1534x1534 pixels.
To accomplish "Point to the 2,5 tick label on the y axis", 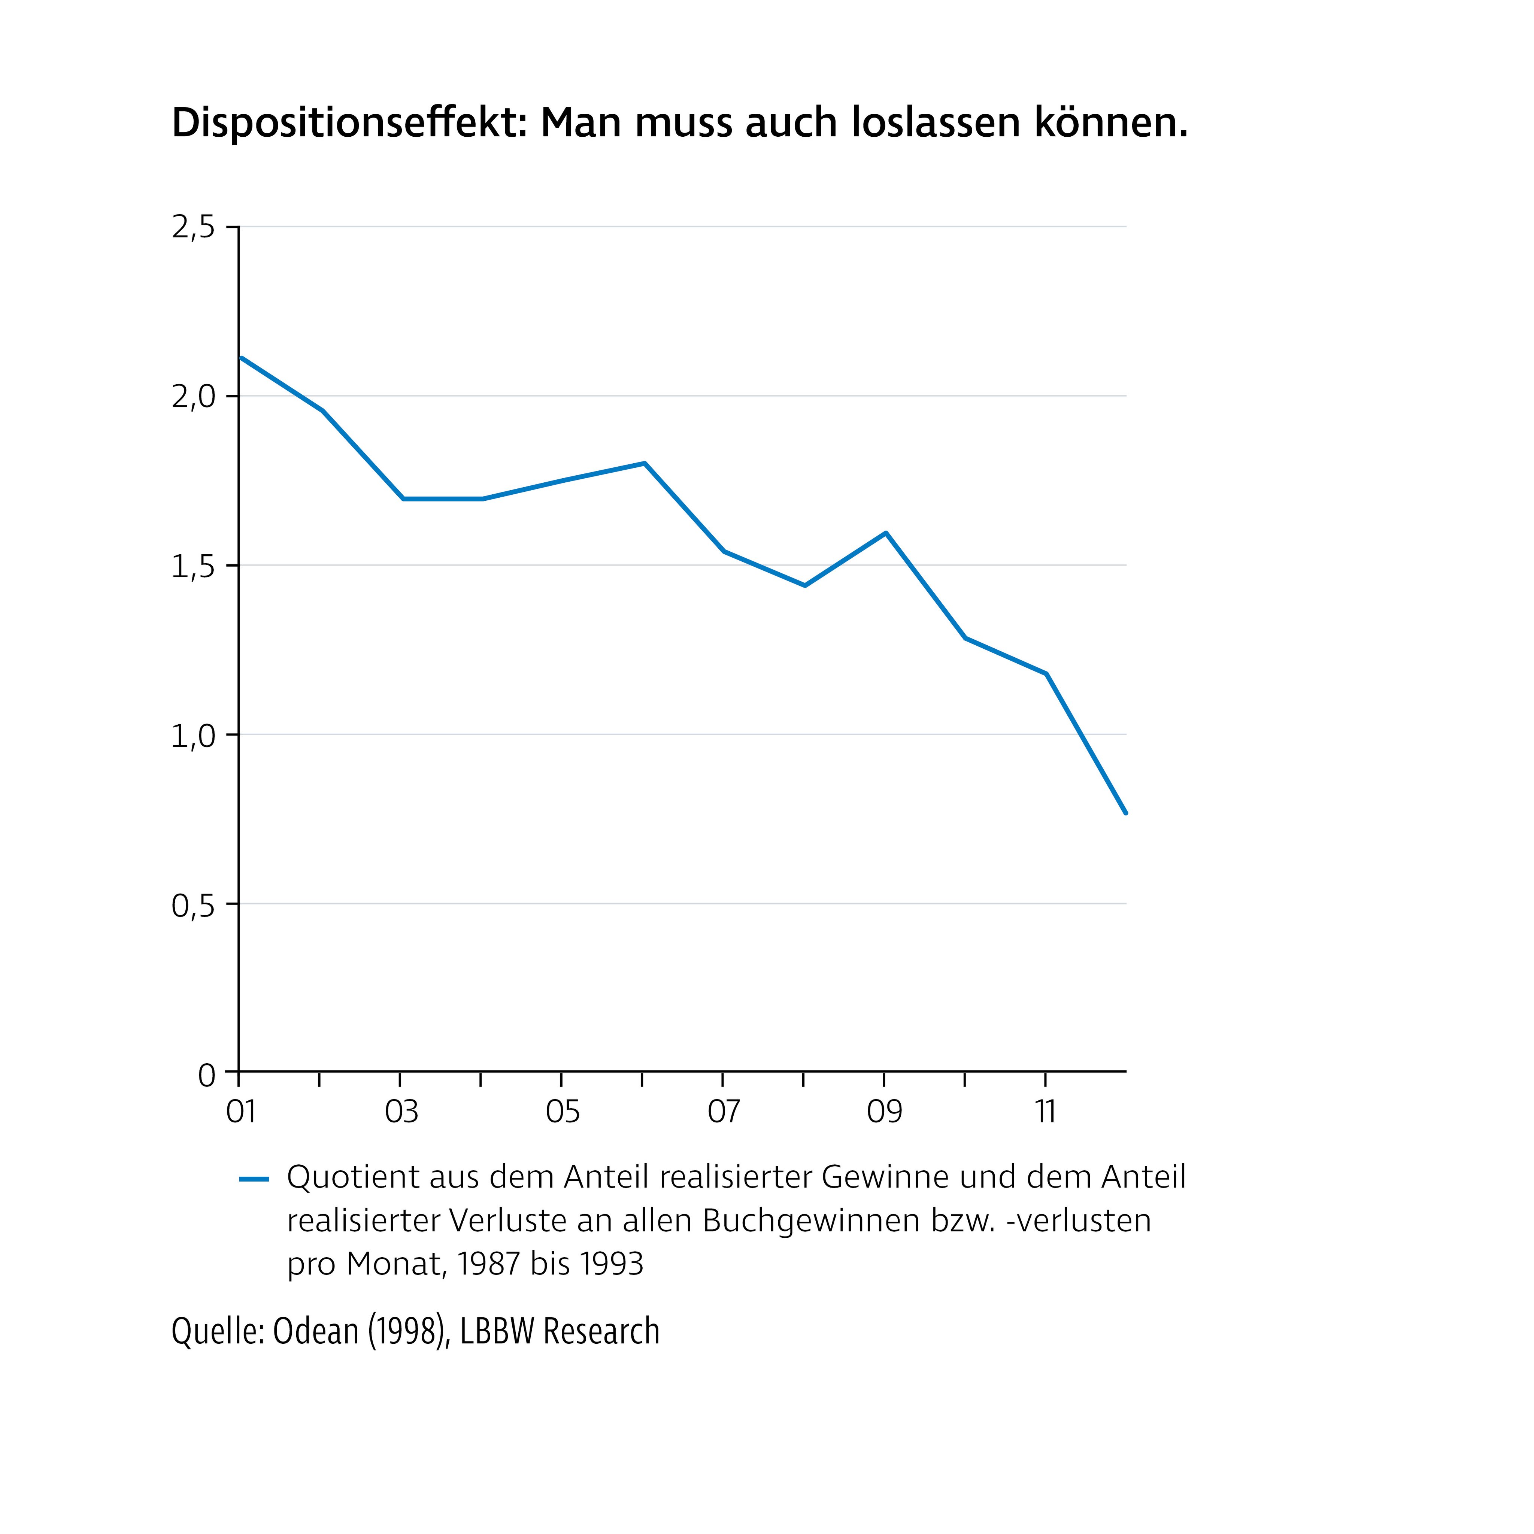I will [x=193, y=228].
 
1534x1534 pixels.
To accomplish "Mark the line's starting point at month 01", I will [x=240, y=357].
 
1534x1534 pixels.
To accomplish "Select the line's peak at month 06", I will [x=644, y=463].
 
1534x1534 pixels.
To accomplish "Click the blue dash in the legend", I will [x=254, y=1179].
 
